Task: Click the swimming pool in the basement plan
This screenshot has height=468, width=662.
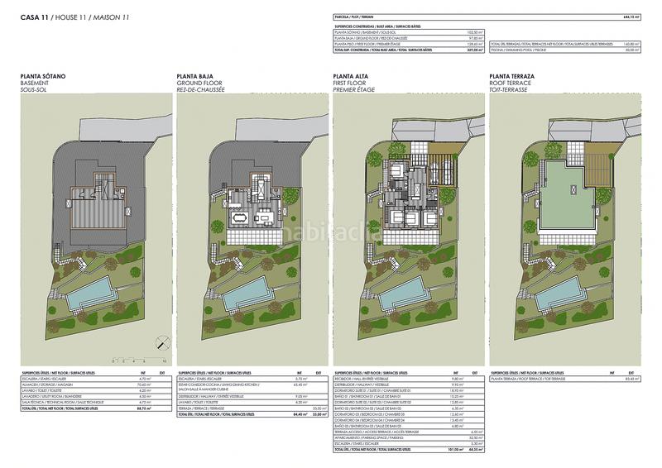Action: tap(90, 293)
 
